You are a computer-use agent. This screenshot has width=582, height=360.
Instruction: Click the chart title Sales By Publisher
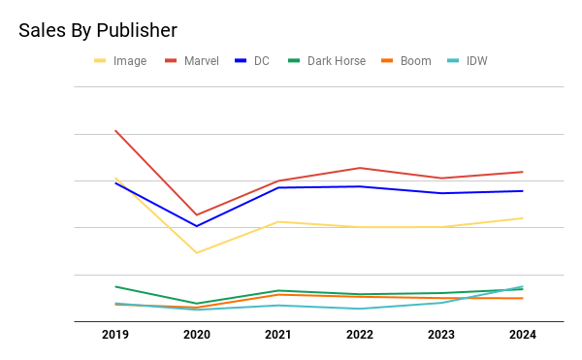coord(98,30)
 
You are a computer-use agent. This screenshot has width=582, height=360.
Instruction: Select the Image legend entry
coord(120,61)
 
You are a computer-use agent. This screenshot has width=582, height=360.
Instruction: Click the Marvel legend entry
coord(192,61)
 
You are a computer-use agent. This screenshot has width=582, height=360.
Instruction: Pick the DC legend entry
coord(252,61)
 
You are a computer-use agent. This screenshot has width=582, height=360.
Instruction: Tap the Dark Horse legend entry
coord(327,61)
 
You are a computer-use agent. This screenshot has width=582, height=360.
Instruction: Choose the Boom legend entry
coord(406,61)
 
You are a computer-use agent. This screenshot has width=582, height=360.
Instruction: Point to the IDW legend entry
coord(468,61)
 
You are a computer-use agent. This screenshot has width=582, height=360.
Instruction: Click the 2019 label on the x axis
coord(115,335)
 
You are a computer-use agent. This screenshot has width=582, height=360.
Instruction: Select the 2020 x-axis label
coord(197,335)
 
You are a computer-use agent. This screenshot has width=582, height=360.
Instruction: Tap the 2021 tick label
coord(278,335)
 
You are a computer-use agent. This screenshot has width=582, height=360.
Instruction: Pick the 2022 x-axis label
coord(360,335)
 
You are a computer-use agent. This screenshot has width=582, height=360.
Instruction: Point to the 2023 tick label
coord(441,335)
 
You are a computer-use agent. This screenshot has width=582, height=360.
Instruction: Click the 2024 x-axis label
coord(523,335)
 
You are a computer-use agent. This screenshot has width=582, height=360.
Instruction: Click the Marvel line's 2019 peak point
coord(115,131)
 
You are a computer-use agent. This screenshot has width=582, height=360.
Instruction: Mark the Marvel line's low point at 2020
coord(197,214)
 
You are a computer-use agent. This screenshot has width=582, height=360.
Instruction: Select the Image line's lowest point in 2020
coord(197,252)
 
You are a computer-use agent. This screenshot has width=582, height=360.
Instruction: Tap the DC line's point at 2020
coord(197,226)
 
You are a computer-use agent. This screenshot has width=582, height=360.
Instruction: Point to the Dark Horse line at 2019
coord(115,286)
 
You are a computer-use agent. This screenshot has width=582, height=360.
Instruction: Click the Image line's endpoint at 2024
coord(523,218)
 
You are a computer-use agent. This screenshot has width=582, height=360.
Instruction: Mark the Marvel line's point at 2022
coord(360,168)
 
